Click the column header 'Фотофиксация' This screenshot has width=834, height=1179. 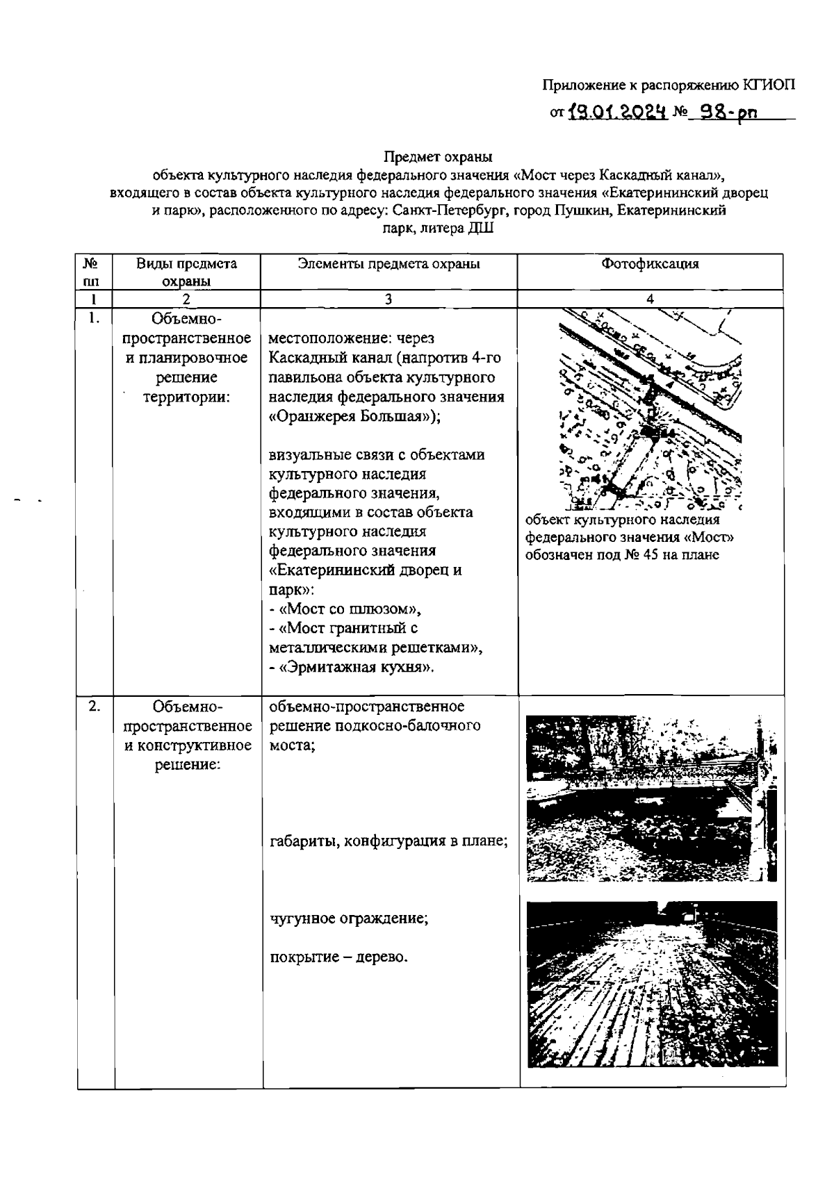point(650,264)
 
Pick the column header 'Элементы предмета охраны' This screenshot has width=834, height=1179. point(389,264)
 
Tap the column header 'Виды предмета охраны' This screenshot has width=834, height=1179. point(186,272)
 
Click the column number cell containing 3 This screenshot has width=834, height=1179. point(389,299)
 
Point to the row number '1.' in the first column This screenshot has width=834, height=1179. point(95,318)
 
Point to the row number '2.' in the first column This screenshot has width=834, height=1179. point(95,707)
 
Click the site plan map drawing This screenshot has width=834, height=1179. point(651,409)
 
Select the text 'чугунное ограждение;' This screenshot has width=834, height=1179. point(349,918)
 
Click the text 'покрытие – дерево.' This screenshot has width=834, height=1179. point(338,957)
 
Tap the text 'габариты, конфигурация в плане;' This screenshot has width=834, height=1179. point(389,841)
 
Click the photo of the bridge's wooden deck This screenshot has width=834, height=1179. point(652,983)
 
